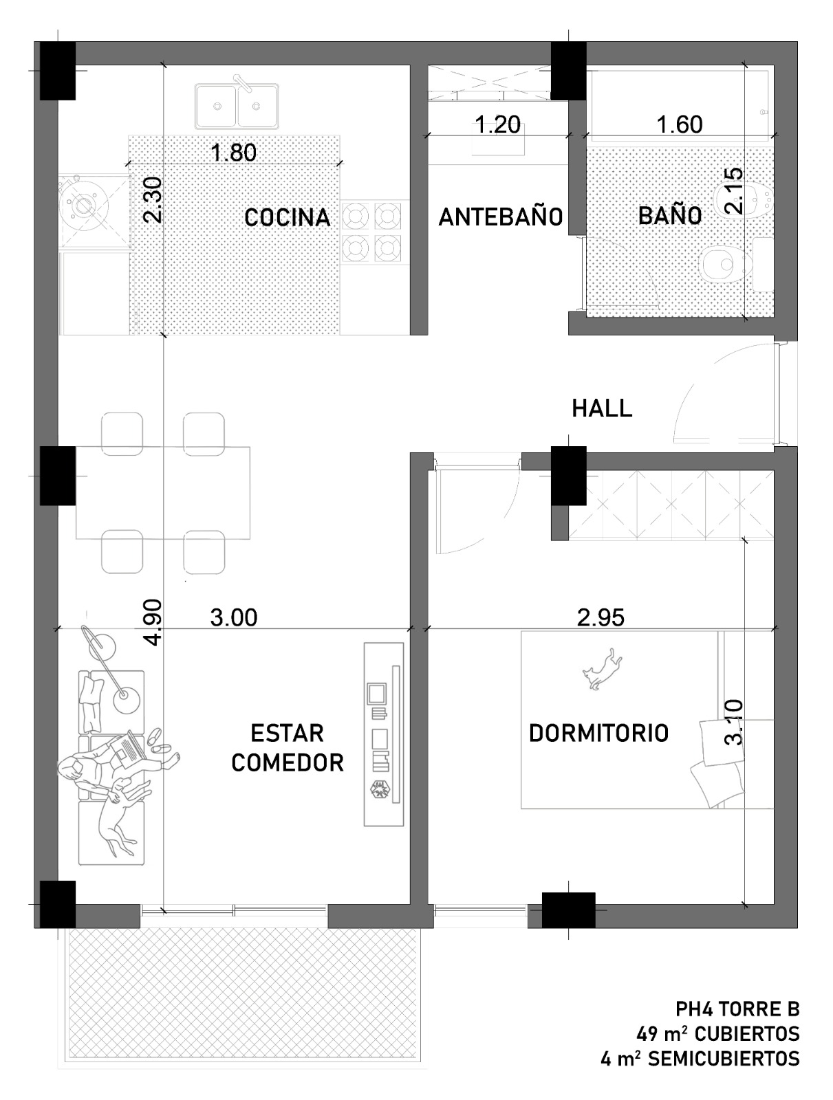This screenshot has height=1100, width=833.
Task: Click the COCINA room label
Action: pos(288,217)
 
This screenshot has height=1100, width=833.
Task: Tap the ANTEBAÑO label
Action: pos(500,217)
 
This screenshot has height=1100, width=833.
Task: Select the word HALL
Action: pos(602,408)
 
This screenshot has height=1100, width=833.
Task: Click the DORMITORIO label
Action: pos(598,733)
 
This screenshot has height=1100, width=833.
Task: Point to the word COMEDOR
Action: pos(287,762)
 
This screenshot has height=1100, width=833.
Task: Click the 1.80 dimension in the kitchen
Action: pos(234,153)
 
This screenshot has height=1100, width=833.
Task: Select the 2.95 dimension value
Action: pos(601,617)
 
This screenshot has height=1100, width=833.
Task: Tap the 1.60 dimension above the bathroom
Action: pos(679,124)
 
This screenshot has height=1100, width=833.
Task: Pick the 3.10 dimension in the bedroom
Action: pos(734,721)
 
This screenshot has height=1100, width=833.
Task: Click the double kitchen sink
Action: pos(237,106)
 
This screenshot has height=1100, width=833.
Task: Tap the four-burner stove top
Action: pos(371,232)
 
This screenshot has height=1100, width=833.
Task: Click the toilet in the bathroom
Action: pos(723,265)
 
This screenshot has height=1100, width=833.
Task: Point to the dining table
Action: pos(162,492)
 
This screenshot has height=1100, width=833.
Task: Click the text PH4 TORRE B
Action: pos(737,1009)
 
